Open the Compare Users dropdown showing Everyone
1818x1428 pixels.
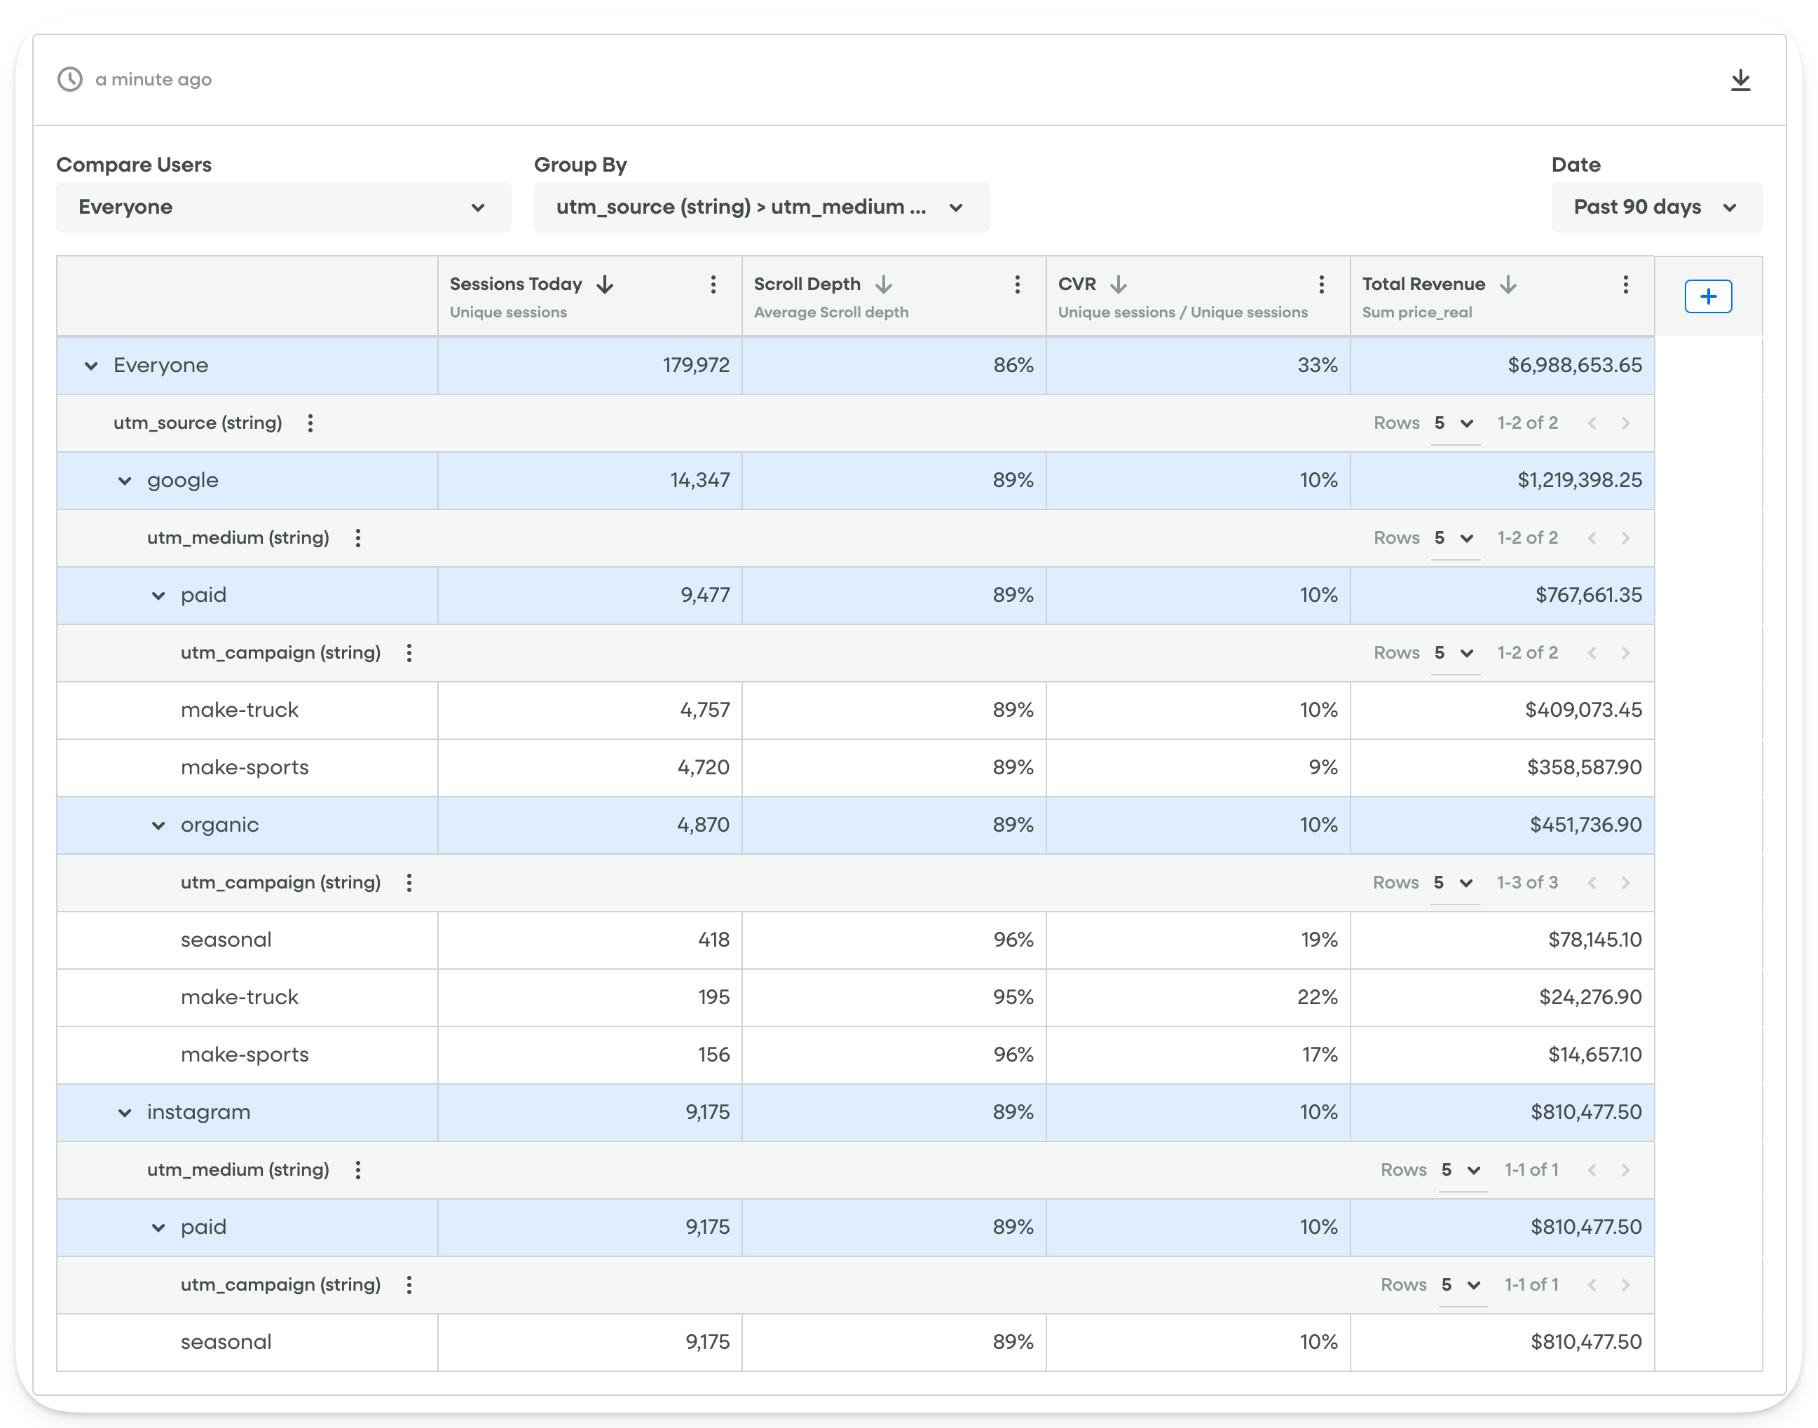[282, 207]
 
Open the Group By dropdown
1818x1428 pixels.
[760, 207]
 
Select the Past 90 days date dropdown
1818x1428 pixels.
[1656, 207]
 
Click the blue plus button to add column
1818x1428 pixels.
[1707, 297]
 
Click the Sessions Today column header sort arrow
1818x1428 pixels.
[605, 285]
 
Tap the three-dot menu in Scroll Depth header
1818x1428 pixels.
[1017, 285]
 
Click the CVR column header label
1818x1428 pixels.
[1077, 284]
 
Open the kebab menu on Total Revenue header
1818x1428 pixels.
[1625, 285]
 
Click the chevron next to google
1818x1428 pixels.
[125, 481]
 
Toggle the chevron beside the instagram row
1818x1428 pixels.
[125, 1113]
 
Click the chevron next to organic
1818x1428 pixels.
[158, 826]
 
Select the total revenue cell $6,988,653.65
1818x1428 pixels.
[1574, 365]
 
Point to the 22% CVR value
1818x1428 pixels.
[1317, 997]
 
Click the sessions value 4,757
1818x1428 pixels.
[704, 710]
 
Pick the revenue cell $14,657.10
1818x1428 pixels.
[1594, 1055]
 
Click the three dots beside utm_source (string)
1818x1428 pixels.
[310, 423]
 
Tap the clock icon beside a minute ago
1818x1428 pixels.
[70, 79]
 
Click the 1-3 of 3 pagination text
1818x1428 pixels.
[1527, 883]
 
